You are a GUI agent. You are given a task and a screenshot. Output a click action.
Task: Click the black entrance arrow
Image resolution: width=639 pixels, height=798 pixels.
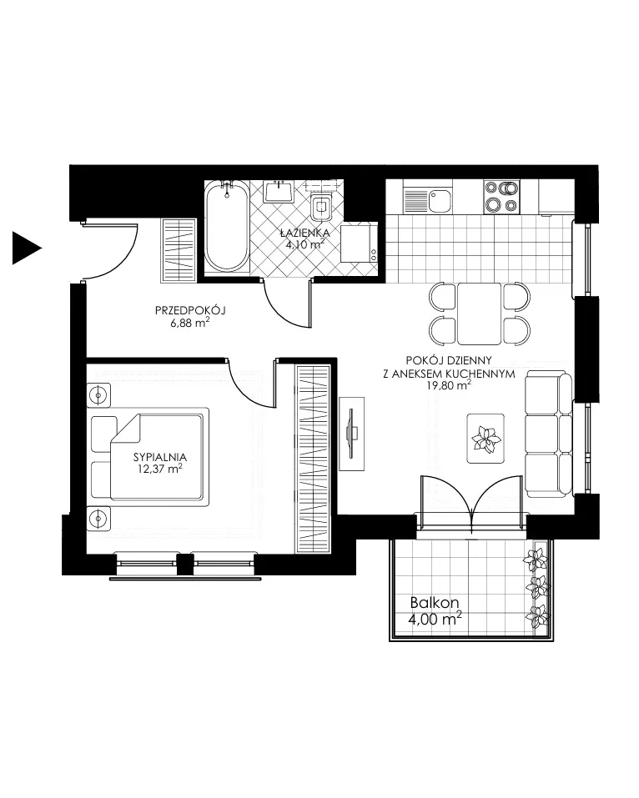[x=26, y=248]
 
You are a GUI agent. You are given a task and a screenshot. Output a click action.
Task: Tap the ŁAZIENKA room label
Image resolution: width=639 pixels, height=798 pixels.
[x=305, y=233]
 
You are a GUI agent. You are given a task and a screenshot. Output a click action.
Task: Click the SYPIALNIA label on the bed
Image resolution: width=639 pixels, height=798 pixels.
[x=160, y=457]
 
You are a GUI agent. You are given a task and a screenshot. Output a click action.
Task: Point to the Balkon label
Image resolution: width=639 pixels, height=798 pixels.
[x=435, y=603]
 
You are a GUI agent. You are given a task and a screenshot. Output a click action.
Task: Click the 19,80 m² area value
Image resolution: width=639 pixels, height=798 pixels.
[x=448, y=385]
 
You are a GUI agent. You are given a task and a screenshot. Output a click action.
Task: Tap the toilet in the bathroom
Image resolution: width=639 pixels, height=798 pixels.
[x=321, y=206]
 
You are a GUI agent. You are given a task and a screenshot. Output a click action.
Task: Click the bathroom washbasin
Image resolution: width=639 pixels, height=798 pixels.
[x=279, y=191]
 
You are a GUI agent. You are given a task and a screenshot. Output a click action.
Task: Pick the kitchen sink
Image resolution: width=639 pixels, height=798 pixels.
[x=428, y=200]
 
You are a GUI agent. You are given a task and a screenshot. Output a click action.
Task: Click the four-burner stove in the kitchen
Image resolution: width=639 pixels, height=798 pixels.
[x=501, y=197]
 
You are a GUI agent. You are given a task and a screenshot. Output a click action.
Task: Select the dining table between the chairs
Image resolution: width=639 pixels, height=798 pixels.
[x=479, y=314]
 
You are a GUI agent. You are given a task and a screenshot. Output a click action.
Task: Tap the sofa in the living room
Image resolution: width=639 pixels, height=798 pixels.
[x=549, y=434]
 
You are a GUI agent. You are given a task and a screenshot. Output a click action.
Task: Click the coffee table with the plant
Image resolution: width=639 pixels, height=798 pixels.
[x=486, y=438]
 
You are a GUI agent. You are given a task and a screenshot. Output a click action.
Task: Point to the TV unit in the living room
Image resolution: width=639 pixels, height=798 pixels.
[x=352, y=434]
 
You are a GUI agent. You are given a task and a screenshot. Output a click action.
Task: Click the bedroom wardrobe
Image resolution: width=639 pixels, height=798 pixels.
[x=313, y=459]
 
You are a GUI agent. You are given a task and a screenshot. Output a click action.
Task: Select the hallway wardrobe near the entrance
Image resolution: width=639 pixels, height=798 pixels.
[x=179, y=250]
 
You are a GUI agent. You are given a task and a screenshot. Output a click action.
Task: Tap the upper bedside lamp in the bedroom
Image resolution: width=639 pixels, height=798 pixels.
[x=98, y=395]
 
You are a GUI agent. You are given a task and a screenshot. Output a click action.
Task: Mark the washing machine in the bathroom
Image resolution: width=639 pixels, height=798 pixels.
[x=359, y=243]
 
